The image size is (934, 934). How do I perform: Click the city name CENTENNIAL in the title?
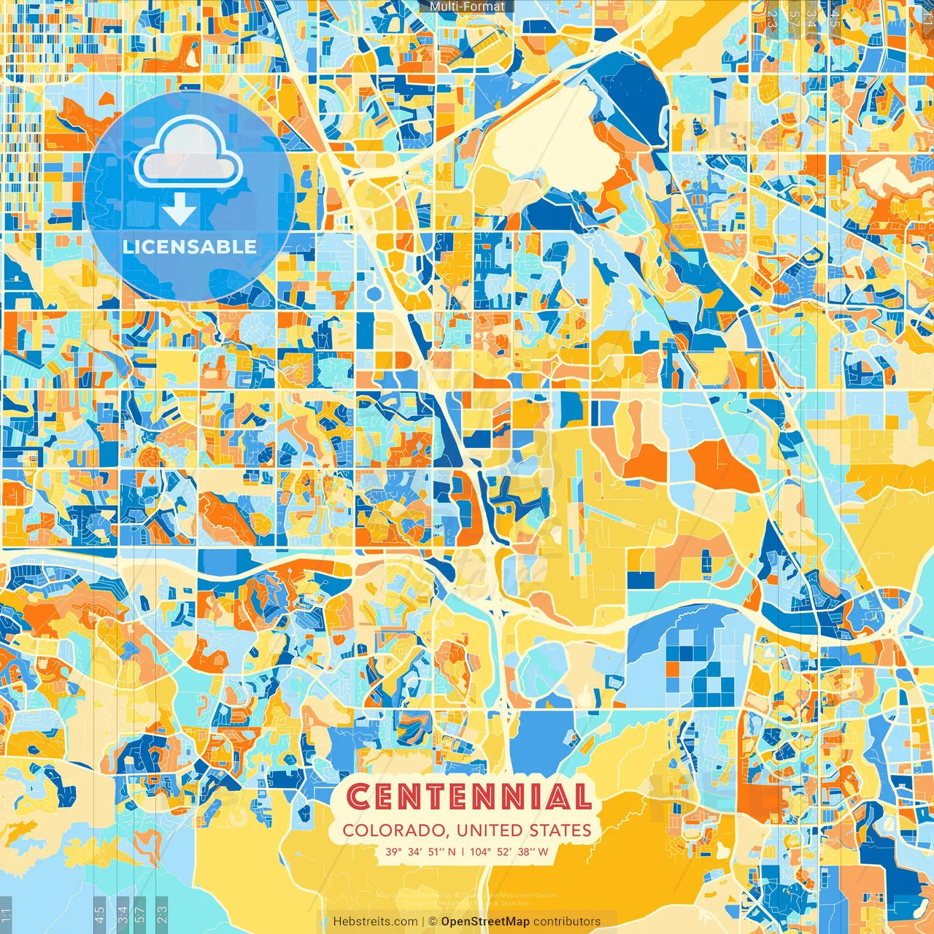[x=468, y=797]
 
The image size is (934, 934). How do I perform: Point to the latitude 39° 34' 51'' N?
[x=421, y=851]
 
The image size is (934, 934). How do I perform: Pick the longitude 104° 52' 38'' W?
[x=509, y=851]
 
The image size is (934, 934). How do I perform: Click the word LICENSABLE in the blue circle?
[x=190, y=247]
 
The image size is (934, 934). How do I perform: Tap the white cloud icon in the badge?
[x=189, y=151]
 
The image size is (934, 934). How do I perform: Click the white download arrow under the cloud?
[x=180, y=211]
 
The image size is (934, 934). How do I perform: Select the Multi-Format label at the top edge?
[x=467, y=7]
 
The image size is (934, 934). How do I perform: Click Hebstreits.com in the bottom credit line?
[x=375, y=922]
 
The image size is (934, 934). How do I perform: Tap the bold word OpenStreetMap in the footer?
[x=485, y=922]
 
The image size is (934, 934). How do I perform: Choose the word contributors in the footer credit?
[x=567, y=922]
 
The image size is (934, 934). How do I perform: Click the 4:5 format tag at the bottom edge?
[x=100, y=914]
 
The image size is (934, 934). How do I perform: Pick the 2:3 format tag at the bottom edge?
[x=161, y=914]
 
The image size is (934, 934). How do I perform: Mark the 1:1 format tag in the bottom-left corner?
[x=7, y=914]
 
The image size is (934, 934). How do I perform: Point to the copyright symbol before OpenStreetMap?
[x=432, y=922]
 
